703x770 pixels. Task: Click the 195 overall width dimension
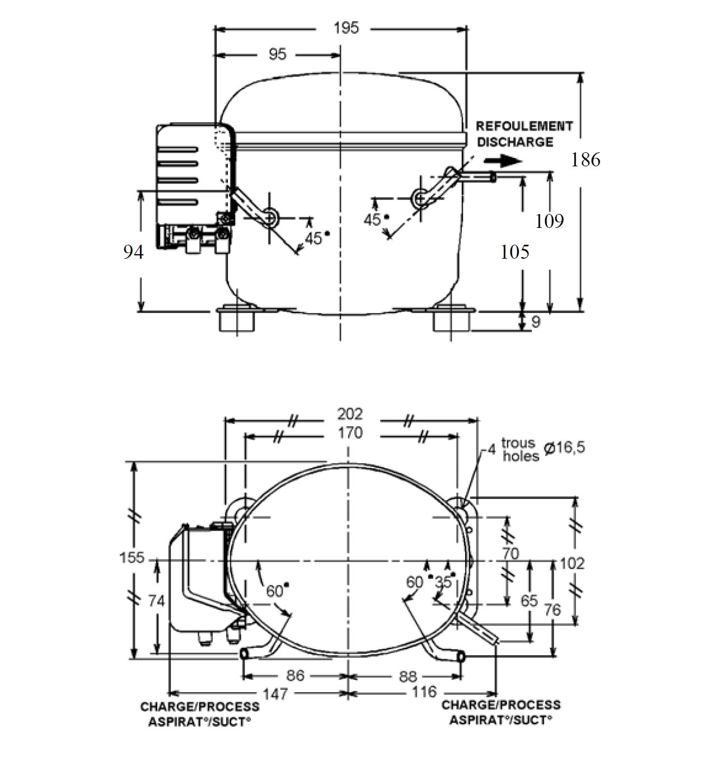pos(346,29)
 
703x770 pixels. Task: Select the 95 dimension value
pos(278,54)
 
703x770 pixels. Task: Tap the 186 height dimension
pos(585,160)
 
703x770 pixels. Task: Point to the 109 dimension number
pos(550,221)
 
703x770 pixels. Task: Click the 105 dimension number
pos(515,252)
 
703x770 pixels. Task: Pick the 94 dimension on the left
pos(133,252)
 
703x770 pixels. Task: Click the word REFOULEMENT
pos(524,126)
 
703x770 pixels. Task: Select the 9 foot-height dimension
pos(536,321)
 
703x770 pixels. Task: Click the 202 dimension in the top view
pos(350,414)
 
